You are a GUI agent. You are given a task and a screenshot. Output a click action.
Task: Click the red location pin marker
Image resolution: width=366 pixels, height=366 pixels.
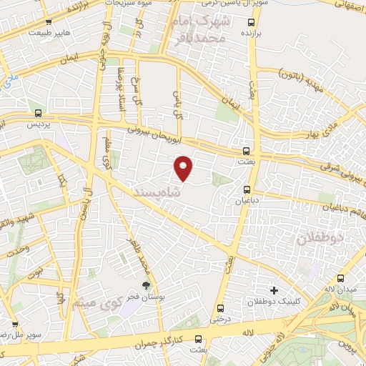pos(184,168)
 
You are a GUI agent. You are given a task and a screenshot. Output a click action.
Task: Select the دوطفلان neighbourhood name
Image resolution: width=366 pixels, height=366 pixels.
pos(320,238)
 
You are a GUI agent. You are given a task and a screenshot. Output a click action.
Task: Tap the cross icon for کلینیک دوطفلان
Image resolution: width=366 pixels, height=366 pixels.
pos(274,290)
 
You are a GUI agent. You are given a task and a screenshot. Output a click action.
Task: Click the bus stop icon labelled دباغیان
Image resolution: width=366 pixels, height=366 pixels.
pos(247,189)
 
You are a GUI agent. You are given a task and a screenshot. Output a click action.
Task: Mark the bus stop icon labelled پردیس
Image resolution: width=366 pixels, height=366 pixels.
pos(39,112)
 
